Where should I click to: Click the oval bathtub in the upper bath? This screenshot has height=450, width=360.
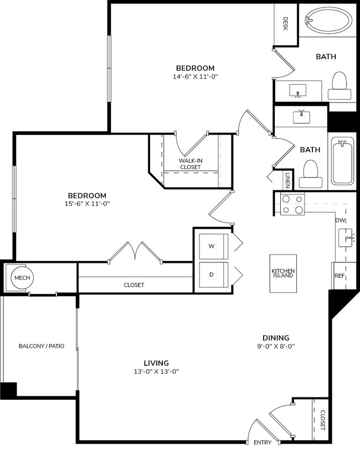pyautogui.click(x=328, y=23)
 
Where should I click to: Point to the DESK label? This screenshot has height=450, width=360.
pyautogui.click(x=285, y=23)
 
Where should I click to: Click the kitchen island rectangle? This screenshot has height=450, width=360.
pyautogui.click(x=282, y=273)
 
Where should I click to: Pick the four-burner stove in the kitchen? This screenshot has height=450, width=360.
pyautogui.click(x=292, y=204)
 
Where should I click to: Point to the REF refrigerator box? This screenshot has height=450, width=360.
pyautogui.click(x=339, y=276)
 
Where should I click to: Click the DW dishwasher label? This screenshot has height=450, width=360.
pyautogui.click(x=340, y=220)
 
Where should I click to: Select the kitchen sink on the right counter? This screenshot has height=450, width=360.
pyautogui.click(x=349, y=238)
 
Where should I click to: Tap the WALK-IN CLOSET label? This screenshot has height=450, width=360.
pyautogui.click(x=190, y=163)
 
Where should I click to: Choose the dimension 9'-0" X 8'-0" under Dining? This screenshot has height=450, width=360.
pyautogui.click(x=276, y=347)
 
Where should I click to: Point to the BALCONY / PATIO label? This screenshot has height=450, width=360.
pyautogui.click(x=42, y=346)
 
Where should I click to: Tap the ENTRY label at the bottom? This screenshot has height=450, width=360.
pyautogui.click(x=263, y=442)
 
